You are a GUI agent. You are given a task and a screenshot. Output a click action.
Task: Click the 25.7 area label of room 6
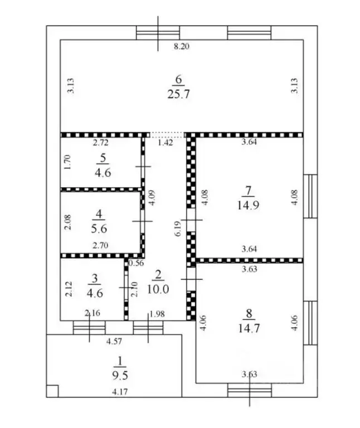178,94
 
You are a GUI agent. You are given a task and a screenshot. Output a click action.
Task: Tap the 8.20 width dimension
182,46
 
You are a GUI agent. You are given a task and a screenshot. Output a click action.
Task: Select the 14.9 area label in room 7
248,205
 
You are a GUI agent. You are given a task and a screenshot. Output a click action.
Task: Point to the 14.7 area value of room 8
249,328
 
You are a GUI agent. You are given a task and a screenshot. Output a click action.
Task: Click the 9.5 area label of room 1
120,376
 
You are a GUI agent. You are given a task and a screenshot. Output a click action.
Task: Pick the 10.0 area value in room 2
158,289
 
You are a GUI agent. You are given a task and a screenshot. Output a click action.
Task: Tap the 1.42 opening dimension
166,143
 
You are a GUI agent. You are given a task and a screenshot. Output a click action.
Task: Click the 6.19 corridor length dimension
178,228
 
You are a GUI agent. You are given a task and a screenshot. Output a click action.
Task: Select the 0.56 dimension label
136,263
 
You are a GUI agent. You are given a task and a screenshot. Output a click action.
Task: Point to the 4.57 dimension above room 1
114,341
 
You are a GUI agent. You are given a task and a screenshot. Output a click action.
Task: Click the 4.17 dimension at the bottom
120,392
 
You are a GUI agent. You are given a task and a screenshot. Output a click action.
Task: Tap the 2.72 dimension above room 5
101,142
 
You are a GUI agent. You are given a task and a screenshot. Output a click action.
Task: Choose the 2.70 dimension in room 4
100,245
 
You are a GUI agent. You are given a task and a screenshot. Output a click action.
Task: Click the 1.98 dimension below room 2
157,314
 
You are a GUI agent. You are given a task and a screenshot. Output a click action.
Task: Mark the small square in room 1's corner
52,391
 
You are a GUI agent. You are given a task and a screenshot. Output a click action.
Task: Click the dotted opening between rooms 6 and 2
167,135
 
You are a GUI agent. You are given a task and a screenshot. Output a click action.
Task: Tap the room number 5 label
103,158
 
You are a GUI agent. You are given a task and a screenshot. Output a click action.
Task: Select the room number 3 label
95,278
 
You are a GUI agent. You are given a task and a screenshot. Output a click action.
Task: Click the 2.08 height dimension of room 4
68,222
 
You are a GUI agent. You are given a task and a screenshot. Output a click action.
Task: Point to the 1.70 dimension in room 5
67,162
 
